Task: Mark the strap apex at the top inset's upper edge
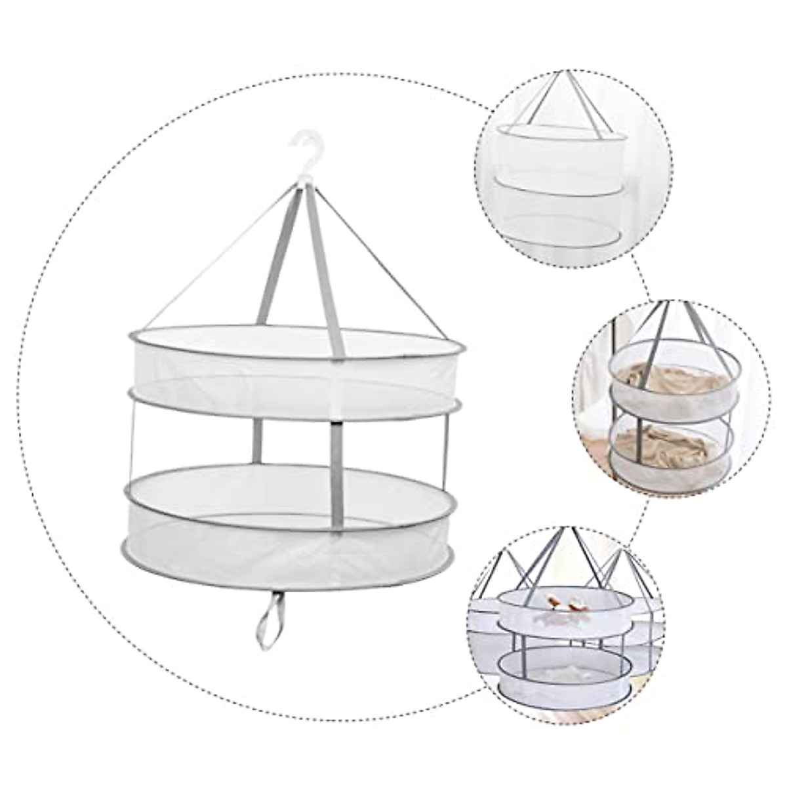point(559,73)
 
